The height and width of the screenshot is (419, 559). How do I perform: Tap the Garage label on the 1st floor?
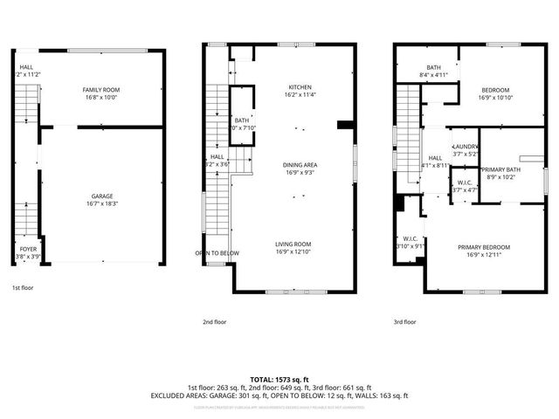101,200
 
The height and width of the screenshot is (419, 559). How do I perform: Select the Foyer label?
29,252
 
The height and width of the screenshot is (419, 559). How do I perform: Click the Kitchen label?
300,90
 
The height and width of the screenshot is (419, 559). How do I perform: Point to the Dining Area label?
300,168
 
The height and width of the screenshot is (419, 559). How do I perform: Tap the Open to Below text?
217,253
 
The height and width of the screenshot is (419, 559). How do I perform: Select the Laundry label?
465,149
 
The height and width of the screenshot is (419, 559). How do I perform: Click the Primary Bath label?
501,173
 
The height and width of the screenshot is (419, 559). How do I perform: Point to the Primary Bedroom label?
483,251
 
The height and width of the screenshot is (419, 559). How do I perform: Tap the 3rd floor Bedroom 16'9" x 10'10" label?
495,93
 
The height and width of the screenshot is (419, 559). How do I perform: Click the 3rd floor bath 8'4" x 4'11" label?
434,72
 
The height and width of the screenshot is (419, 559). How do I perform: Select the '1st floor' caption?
23,287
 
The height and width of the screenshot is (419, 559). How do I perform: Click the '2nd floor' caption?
215,321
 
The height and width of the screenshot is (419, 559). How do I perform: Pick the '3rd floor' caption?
404,321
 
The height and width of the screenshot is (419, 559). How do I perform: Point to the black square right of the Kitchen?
344,125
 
